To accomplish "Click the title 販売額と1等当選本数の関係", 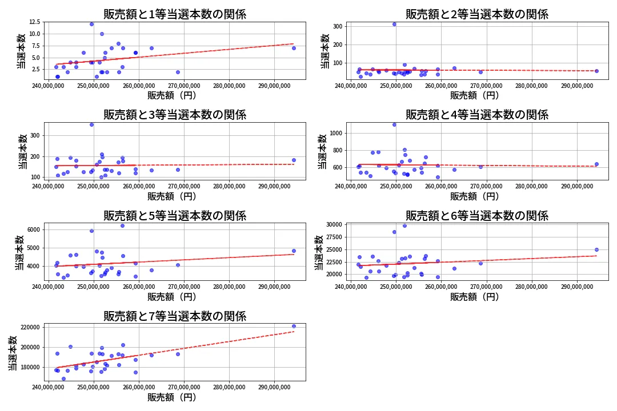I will click(175, 14).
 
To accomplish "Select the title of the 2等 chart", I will click(477, 14).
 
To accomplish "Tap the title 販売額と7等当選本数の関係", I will click(175, 316).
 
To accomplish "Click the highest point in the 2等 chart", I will click(394, 24).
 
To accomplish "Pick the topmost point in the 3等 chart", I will click(91, 124).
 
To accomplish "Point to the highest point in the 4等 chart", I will click(394, 124).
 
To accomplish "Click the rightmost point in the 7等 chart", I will click(294, 327).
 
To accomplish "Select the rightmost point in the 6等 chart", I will click(596, 249).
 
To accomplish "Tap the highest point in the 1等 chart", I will click(91, 24).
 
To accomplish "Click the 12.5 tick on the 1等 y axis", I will click(34, 22).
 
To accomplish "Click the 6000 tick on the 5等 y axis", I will click(32, 229).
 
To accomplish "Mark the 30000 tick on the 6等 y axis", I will click(334, 225).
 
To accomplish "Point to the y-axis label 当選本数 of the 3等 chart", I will click(22, 151).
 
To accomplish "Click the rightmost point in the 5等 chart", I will click(294, 251).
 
